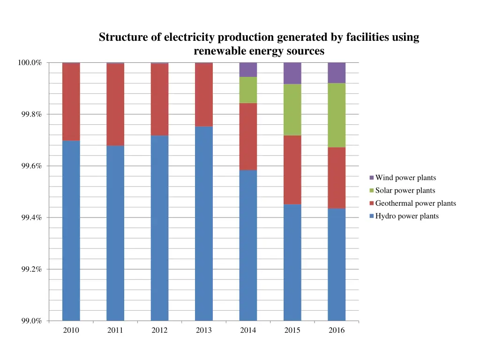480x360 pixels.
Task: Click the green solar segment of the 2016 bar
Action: pos(337,115)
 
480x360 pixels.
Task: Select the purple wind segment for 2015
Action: pos(292,73)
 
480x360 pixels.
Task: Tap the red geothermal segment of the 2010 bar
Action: pos(71,102)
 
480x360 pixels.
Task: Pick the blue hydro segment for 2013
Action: pos(204,223)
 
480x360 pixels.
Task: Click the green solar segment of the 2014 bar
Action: pos(248,90)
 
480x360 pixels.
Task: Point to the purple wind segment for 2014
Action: pos(248,69)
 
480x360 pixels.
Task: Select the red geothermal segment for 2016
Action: pos(337,178)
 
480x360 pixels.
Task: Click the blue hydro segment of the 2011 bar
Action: pos(115,233)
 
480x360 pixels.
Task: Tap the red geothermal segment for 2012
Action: pos(159,99)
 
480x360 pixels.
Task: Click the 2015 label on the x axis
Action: pos(292,330)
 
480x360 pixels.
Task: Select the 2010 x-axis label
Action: pos(71,330)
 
